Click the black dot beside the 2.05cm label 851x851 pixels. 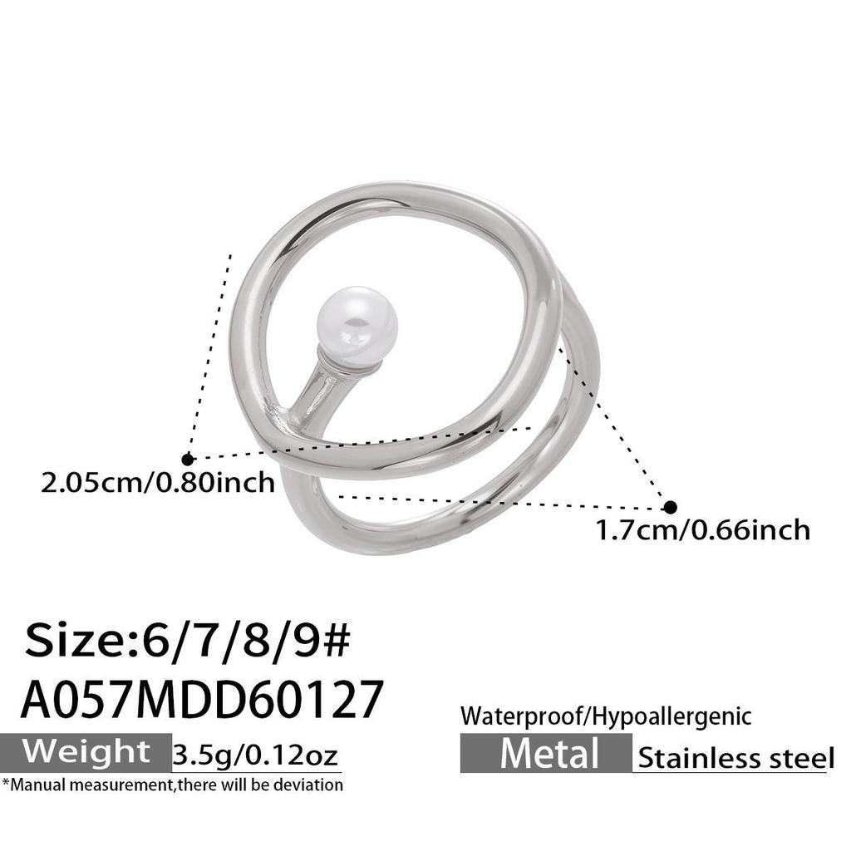(x=188, y=459)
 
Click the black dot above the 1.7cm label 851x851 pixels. (x=670, y=507)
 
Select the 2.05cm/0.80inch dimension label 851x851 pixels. (x=158, y=482)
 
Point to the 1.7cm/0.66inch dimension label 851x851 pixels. (x=703, y=529)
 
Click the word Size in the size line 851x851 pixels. (x=73, y=642)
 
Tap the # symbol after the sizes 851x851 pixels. (x=337, y=642)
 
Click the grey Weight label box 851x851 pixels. (x=86, y=751)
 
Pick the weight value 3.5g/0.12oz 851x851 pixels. (x=256, y=755)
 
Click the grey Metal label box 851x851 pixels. (x=547, y=754)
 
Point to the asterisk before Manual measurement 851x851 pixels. (x=6, y=783)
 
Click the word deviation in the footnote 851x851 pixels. (x=312, y=784)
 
